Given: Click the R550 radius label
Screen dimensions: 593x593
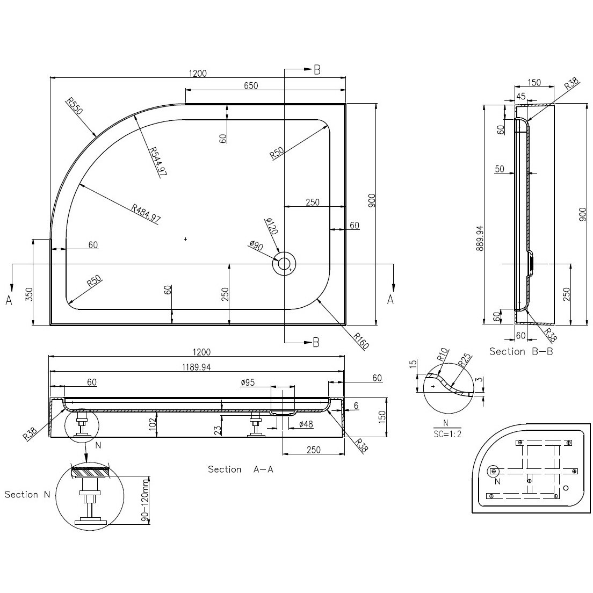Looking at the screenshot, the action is [x=74, y=106].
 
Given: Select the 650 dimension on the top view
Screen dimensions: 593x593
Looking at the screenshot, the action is [x=251, y=85].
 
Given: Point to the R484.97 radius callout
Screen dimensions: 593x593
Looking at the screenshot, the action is [x=146, y=213].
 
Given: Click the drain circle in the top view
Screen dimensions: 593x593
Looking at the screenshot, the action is [x=284, y=263].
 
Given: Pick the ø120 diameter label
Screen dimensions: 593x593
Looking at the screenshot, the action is [x=272, y=226].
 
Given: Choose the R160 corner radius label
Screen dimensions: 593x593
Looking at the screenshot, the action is [x=361, y=341].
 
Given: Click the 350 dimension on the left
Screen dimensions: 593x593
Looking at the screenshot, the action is [x=30, y=294].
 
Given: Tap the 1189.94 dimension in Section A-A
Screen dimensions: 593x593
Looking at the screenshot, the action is [x=196, y=367].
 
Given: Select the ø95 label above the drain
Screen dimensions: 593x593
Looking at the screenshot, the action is [x=248, y=382].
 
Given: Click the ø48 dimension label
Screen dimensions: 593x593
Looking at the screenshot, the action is [x=306, y=424].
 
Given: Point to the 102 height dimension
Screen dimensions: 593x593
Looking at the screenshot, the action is [x=153, y=424].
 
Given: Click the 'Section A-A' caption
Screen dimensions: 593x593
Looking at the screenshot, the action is [x=241, y=469].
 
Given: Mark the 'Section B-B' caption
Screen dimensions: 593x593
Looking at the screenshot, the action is [x=521, y=351].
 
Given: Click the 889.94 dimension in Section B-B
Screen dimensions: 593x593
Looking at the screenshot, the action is [x=480, y=238].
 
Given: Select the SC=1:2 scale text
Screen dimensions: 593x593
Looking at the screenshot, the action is [x=447, y=434].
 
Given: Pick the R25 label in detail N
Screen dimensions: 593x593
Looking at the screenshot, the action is [x=465, y=360].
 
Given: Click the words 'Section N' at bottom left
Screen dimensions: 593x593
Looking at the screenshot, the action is [x=27, y=495].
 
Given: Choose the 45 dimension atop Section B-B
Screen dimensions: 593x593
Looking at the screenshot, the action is [x=521, y=97].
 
